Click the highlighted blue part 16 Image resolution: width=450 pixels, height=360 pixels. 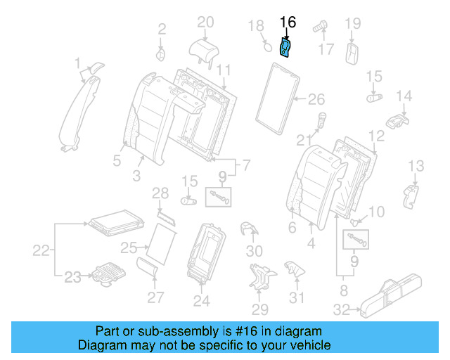286,49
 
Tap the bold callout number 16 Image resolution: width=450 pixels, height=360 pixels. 288,22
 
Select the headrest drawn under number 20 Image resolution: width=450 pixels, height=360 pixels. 205,47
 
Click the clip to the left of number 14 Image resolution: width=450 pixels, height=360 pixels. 398,118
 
